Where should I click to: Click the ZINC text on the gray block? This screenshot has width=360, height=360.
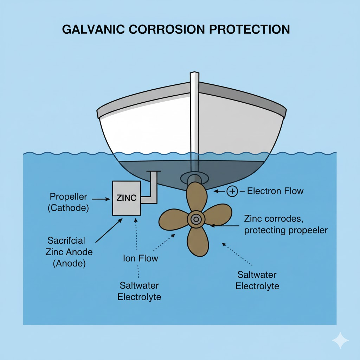click(126, 198)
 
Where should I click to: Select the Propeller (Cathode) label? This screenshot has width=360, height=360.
click(68, 202)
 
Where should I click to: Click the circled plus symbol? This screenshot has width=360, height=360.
click(232, 191)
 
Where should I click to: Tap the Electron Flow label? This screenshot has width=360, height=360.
click(275, 191)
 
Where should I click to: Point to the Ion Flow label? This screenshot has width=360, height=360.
click(141, 258)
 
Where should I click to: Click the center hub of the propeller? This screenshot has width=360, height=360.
click(195, 220)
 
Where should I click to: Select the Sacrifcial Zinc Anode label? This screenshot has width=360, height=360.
click(69, 252)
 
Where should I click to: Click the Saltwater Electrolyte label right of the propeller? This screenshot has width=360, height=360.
click(257, 280)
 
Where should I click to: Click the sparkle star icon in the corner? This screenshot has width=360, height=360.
click(340, 340)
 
